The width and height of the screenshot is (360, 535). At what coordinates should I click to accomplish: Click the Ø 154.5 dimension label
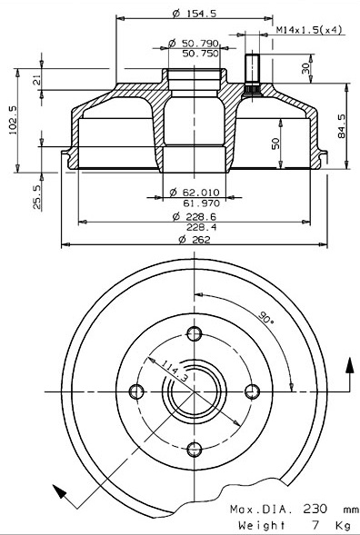pyautogui.click(x=195, y=14)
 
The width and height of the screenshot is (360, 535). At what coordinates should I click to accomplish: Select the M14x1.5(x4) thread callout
pyautogui.click(x=309, y=30)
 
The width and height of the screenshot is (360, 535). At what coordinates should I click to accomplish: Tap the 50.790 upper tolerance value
pyautogui.click(x=200, y=44)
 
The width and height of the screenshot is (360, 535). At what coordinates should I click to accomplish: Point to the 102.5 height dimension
pyautogui.click(x=13, y=120)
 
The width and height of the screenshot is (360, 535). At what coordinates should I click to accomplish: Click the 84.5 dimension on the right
pyautogui.click(x=342, y=126)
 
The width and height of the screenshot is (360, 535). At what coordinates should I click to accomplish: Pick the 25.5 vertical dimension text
pyautogui.click(x=37, y=196)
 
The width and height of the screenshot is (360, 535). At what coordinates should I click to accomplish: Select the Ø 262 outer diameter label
pyautogui.click(x=195, y=240)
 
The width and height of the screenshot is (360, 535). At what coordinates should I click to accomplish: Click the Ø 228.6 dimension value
pyautogui.click(x=195, y=216)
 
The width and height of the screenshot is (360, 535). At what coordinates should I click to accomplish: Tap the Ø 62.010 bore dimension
pyautogui.click(x=195, y=193)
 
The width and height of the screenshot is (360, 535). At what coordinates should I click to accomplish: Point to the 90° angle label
pyautogui.click(x=266, y=318)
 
